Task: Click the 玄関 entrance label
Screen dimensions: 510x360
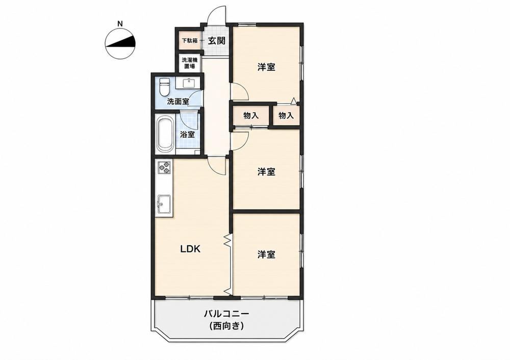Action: (x=216, y=41)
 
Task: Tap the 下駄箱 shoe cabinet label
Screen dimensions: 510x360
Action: (x=189, y=41)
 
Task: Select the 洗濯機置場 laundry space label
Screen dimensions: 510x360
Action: (x=189, y=63)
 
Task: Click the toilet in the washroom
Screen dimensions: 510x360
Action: (x=165, y=86)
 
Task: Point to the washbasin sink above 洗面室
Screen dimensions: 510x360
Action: (x=188, y=83)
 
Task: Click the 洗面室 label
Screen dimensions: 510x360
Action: (x=177, y=101)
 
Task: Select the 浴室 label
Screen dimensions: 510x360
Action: (x=188, y=134)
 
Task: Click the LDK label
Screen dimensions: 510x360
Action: (x=190, y=249)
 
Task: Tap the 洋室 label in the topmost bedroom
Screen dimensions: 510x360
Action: (x=266, y=67)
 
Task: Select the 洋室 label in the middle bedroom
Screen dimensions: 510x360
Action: (x=266, y=172)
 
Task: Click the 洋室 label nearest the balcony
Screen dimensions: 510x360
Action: (x=266, y=254)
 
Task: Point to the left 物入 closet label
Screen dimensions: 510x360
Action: (x=251, y=115)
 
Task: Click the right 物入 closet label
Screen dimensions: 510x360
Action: (x=286, y=115)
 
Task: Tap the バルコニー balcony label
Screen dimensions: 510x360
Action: (x=226, y=314)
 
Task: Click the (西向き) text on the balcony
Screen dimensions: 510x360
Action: (x=226, y=325)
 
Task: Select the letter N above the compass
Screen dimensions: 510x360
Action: (x=120, y=23)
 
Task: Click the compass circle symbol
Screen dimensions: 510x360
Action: (x=120, y=44)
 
